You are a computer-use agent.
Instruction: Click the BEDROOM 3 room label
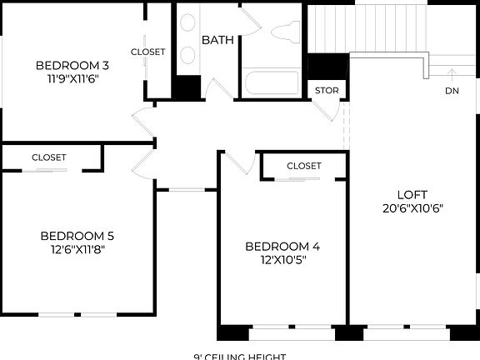tap(72, 65)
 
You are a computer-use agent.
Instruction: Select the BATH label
tap(218, 40)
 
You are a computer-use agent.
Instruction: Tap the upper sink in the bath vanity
tap(188, 23)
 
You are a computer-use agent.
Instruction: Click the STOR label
tap(325, 91)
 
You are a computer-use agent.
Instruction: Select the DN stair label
tap(452, 91)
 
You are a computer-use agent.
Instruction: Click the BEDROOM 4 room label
tap(282, 246)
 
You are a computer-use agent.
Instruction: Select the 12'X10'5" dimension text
tap(282, 260)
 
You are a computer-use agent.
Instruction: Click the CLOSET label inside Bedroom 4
tap(303, 166)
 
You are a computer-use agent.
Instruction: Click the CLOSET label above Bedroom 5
tap(49, 157)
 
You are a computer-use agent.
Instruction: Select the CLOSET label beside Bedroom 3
tap(148, 52)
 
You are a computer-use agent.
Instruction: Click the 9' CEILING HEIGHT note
tap(240, 356)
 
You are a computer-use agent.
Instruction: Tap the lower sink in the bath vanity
tap(188, 55)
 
